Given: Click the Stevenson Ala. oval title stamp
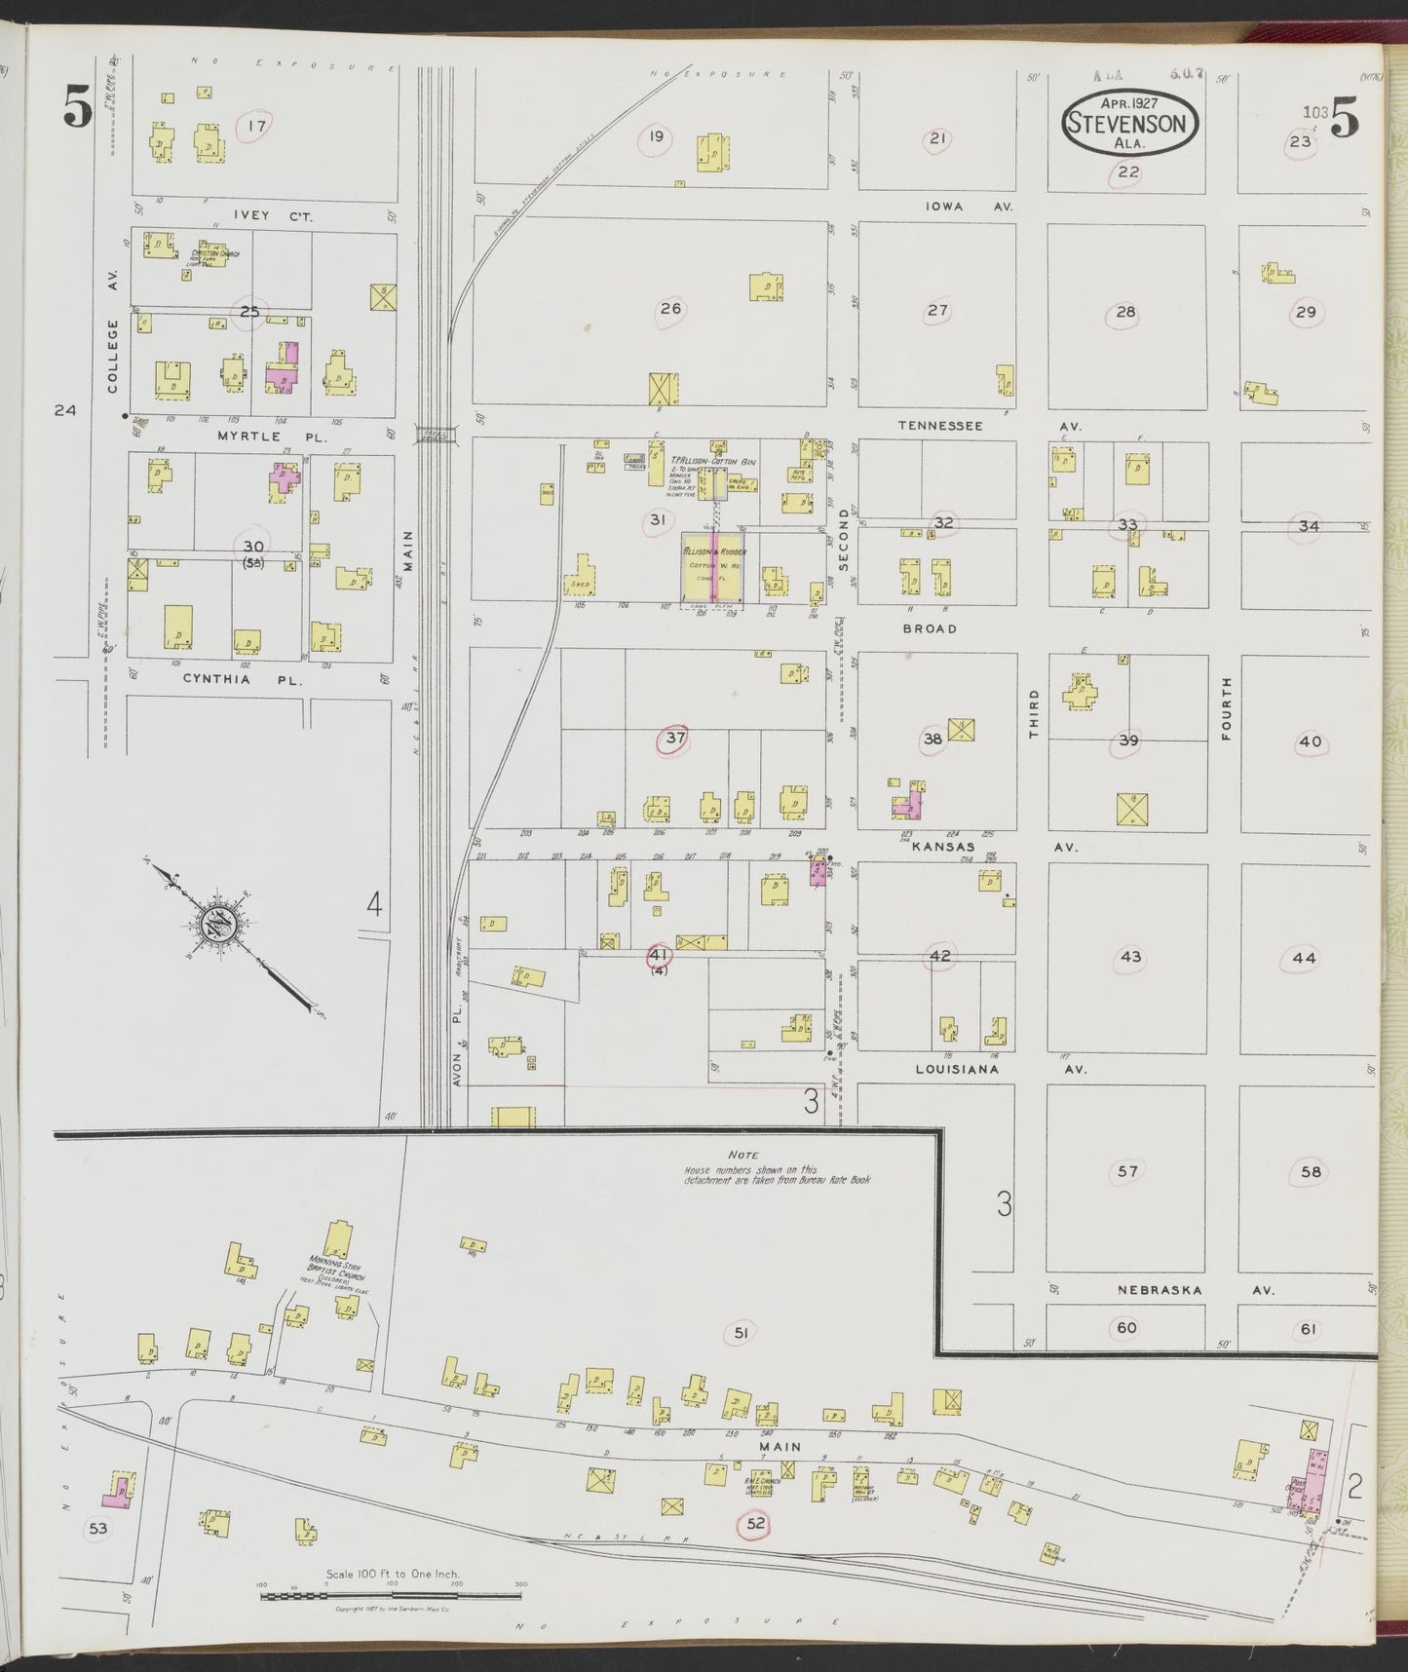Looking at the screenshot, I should (1130, 124).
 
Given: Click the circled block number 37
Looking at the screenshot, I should (674, 739).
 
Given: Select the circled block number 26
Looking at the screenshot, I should (670, 310).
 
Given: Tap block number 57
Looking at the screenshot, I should (1127, 1171).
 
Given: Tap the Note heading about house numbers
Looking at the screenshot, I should (743, 1155).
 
